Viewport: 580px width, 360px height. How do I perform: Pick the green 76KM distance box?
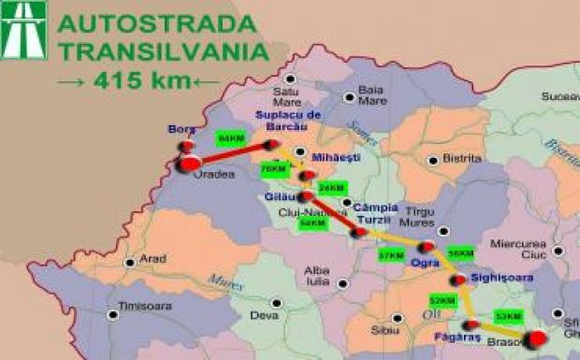tap(274, 168)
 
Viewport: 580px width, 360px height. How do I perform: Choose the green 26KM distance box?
tap(331, 188)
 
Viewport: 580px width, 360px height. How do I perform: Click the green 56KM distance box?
tap(460, 253)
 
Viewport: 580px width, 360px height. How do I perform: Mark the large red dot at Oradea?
tap(189, 166)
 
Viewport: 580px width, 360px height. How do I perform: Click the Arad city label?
tap(152, 259)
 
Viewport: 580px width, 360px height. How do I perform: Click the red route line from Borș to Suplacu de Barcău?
tap(234, 153)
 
